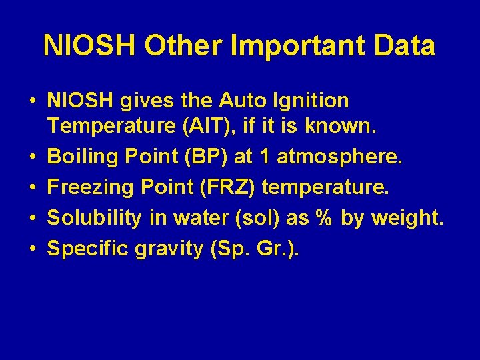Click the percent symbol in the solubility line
point(323,218)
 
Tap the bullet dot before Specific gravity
point(33,249)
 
